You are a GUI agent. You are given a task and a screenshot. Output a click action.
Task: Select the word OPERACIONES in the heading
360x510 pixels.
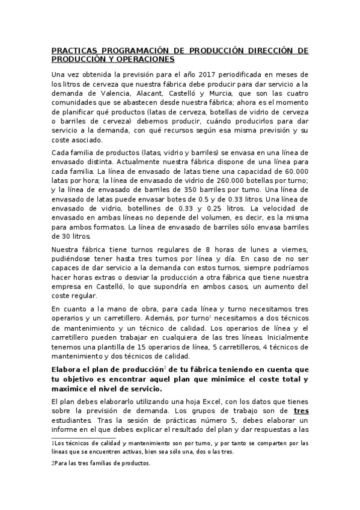[x=145, y=60]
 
